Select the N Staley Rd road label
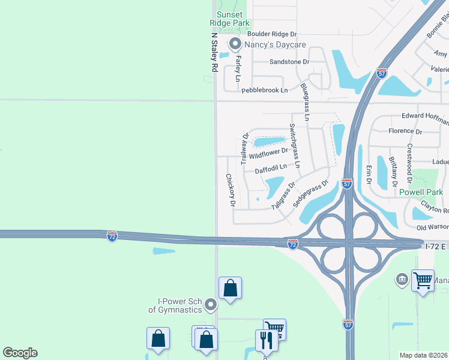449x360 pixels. (x=213, y=52)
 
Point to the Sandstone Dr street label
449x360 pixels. (x=289, y=62)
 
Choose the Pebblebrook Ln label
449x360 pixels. (x=264, y=90)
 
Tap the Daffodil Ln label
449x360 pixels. (x=271, y=170)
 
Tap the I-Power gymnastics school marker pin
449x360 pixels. (x=210, y=305)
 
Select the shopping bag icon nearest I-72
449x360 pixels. (x=230, y=288)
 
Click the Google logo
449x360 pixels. (x=20, y=353)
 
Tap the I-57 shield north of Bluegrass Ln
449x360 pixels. (x=382, y=73)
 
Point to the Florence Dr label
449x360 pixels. (x=405, y=131)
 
